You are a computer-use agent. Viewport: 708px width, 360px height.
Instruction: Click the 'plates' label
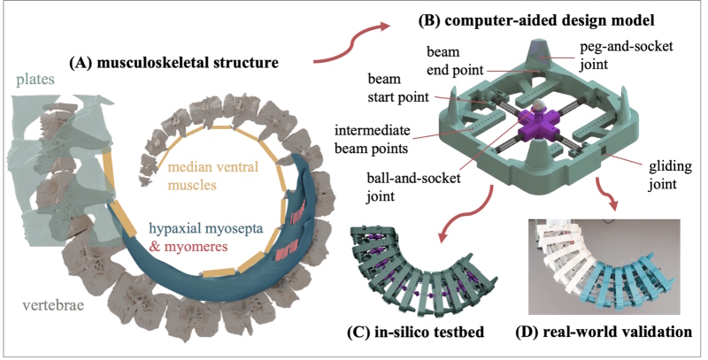point(30,80)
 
